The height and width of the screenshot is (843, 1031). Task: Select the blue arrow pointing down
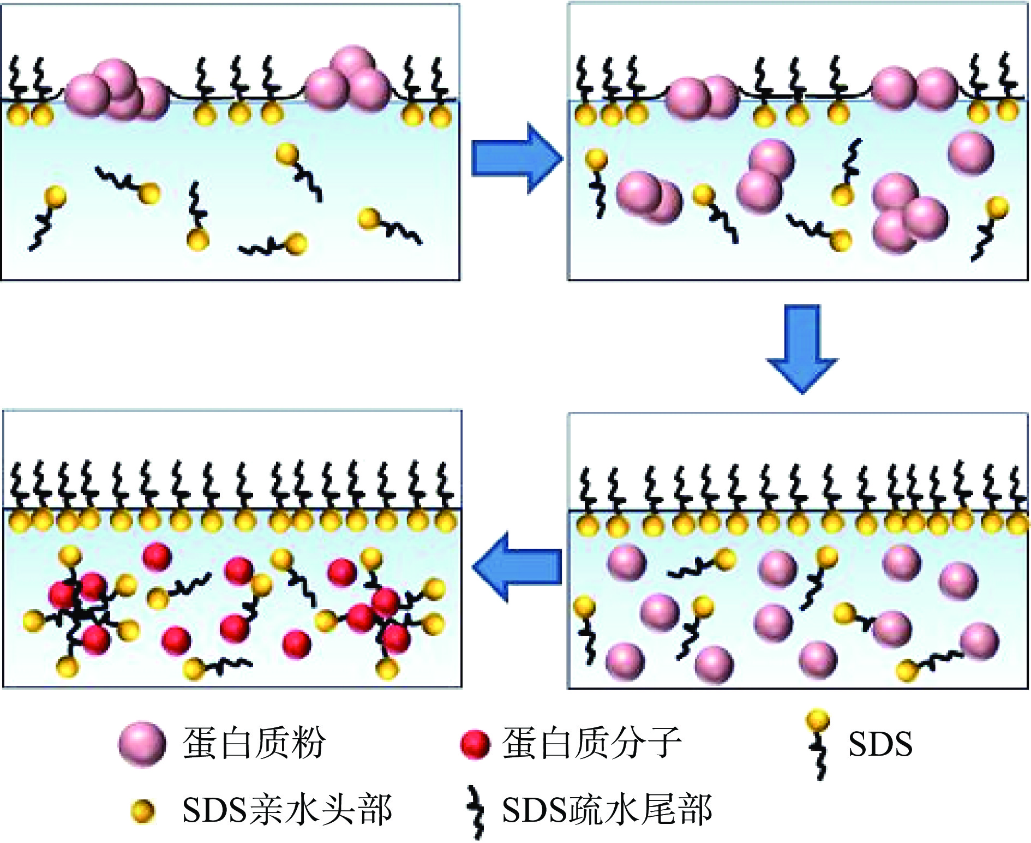click(x=802, y=347)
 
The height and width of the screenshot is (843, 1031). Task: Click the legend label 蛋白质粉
click(x=254, y=743)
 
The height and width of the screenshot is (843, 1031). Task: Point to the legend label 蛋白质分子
click(x=592, y=743)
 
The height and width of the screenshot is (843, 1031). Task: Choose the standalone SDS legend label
click(x=880, y=744)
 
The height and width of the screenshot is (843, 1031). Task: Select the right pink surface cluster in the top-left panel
click(x=349, y=79)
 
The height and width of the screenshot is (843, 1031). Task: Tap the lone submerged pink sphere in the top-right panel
click(x=970, y=153)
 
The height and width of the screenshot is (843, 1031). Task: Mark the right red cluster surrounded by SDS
click(x=382, y=617)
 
